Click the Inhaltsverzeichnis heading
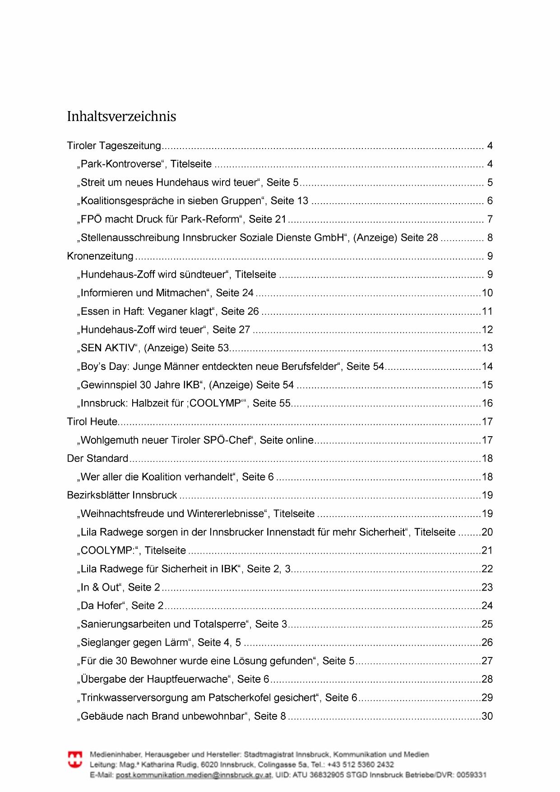[121, 116]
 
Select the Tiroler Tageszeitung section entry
[114, 146]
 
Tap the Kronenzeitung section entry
[100, 256]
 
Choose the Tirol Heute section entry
[92, 422]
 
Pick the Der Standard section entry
[97, 459]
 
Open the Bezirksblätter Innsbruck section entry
[122, 495]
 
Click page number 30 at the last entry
[487, 716]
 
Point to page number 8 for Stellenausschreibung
[490, 238]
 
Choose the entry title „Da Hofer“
[102, 606]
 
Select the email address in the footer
[194, 775]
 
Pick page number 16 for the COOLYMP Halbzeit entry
[487, 403]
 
